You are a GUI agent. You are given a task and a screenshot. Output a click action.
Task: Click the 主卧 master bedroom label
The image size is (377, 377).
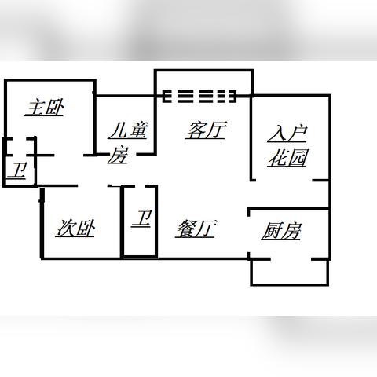(45, 108)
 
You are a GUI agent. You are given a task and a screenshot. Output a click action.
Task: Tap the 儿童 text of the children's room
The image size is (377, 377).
(128, 130)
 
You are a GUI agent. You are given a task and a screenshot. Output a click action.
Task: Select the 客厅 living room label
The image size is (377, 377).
(206, 130)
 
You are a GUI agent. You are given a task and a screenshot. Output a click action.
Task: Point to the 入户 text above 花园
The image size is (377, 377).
(287, 134)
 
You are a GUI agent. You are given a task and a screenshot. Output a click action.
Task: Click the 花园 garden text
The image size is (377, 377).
(287, 158)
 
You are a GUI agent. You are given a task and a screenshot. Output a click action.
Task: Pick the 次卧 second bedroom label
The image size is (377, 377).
(75, 229)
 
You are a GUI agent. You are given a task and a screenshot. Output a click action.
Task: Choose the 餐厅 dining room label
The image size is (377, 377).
(196, 229)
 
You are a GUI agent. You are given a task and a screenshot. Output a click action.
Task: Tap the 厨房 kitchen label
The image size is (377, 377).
(281, 231)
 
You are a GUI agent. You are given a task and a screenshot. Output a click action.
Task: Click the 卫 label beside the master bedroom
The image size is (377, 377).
(16, 170)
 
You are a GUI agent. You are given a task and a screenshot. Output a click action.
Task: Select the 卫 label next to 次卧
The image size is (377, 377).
(141, 218)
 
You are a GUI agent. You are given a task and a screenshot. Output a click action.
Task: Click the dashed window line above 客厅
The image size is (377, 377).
(199, 97)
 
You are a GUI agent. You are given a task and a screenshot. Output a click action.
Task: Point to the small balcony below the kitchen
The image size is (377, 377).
(290, 272)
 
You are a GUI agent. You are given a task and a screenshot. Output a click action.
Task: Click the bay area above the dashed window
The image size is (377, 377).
(204, 80)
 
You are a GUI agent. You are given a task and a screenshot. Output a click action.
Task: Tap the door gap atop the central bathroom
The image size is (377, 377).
(140, 186)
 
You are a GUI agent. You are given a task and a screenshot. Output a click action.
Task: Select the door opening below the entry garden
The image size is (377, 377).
(284, 181)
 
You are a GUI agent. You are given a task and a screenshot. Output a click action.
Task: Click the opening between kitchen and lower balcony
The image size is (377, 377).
(291, 259)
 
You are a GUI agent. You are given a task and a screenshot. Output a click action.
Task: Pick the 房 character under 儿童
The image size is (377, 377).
(118, 155)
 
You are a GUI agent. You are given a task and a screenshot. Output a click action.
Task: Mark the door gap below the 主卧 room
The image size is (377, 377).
(69, 156)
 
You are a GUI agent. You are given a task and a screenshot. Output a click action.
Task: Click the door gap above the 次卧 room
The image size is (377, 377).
(93, 186)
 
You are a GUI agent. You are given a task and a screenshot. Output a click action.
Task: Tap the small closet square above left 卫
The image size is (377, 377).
(20, 147)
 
